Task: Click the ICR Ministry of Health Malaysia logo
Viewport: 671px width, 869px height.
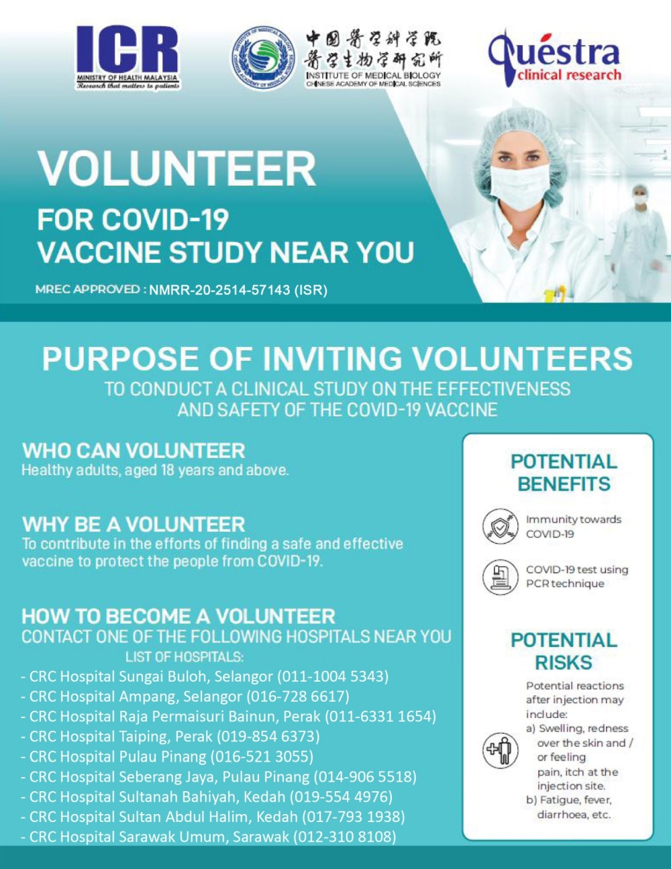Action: point(127,58)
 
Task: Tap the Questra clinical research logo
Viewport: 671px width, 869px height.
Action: point(555,56)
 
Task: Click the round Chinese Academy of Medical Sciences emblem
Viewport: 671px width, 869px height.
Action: point(263,58)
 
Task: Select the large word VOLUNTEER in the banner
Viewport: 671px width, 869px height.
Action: point(176,168)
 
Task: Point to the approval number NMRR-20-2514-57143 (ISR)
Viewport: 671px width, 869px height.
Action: point(238,291)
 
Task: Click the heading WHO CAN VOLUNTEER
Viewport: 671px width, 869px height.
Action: point(134,450)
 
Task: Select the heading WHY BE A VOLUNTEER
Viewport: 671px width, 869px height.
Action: point(134,524)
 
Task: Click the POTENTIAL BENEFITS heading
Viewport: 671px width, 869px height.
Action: point(564,472)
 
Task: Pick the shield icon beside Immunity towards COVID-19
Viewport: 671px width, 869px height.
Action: point(499,526)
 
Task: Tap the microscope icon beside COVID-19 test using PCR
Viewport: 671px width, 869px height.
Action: point(499,576)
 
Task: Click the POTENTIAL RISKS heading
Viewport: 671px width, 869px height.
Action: point(564,651)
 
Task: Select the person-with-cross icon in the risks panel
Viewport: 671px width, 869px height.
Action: point(499,750)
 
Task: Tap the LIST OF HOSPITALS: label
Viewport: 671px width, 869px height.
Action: point(185,656)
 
